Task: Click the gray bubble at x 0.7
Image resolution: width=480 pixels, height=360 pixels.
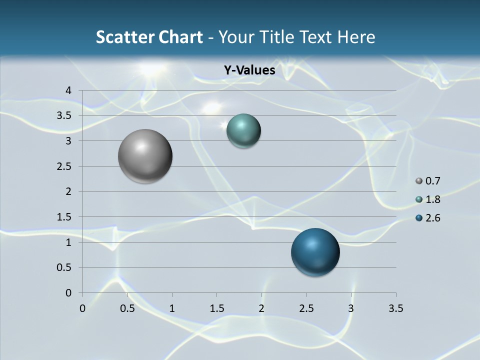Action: click(x=145, y=156)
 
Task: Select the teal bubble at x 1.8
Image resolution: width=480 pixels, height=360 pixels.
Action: click(x=243, y=131)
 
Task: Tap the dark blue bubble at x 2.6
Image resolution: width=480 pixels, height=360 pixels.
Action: click(x=315, y=252)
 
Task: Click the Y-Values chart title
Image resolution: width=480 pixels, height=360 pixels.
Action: click(x=249, y=70)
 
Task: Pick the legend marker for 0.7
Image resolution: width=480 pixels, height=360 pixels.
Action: click(x=419, y=181)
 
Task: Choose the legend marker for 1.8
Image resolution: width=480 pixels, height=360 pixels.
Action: click(x=419, y=199)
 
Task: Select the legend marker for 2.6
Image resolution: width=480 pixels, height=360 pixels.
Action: click(x=419, y=218)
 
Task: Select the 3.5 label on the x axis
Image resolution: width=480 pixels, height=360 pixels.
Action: click(x=395, y=308)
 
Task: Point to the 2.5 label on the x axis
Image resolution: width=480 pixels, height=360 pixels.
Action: click(x=306, y=308)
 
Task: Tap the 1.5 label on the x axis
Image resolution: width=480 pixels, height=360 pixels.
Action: click(x=216, y=308)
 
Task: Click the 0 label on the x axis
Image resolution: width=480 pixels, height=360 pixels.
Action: click(x=82, y=308)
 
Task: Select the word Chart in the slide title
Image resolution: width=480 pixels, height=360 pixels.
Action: click(x=180, y=37)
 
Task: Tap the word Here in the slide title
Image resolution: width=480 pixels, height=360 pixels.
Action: click(x=356, y=37)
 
